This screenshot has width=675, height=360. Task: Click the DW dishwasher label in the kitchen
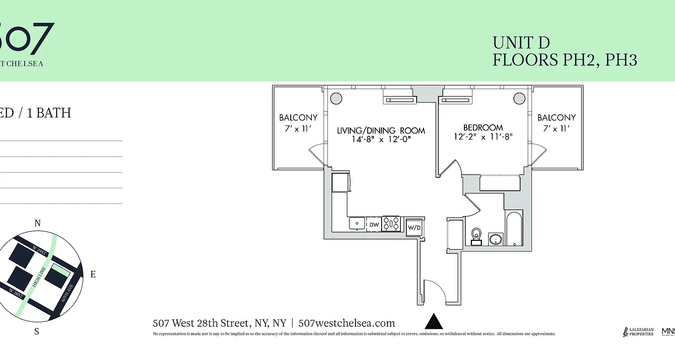(x=374, y=224)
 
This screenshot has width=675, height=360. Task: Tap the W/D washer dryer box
(x=414, y=227)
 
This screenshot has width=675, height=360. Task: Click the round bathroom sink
(x=496, y=238)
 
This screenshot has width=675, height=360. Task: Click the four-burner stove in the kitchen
(x=391, y=224)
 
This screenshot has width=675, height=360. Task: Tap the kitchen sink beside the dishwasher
(x=357, y=223)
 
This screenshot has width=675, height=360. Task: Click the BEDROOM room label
(x=483, y=127)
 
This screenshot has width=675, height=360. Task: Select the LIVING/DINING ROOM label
(x=381, y=130)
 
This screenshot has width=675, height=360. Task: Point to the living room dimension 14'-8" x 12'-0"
(x=381, y=139)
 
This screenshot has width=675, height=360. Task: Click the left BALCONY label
(x=298, y=117)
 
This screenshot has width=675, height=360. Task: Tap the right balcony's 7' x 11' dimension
(x=557, y=128)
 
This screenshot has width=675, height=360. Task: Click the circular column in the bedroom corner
(x=519, y=98)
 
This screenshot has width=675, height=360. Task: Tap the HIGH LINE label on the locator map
(x=39, y=278)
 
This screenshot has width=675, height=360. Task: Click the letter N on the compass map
(x=38, y=223)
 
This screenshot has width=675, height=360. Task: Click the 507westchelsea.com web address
(x=346, y=323)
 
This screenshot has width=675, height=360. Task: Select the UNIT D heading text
(x=521, y=43)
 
